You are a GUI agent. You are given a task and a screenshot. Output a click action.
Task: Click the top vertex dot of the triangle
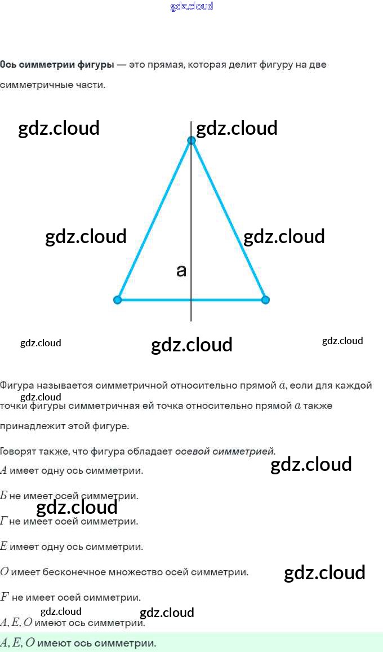191,140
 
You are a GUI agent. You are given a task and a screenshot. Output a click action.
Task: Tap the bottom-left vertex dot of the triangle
117,299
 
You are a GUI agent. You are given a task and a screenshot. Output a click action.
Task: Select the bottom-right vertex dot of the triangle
265,299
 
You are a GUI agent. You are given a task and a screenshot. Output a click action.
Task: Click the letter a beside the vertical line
181,271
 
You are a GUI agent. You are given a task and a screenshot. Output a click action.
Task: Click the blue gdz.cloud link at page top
191,7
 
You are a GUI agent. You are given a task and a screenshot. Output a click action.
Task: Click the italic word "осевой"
191,451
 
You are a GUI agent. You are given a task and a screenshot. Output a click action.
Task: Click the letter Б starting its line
3,496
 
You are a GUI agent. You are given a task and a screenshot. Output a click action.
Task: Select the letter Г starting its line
3,521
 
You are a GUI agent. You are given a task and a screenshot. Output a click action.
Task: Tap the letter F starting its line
4,597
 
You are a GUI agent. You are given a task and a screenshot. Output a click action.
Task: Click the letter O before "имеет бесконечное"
4,572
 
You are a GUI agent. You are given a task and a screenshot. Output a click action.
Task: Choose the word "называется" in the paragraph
65,386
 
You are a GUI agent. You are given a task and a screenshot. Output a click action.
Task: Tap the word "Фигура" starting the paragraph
16,386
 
